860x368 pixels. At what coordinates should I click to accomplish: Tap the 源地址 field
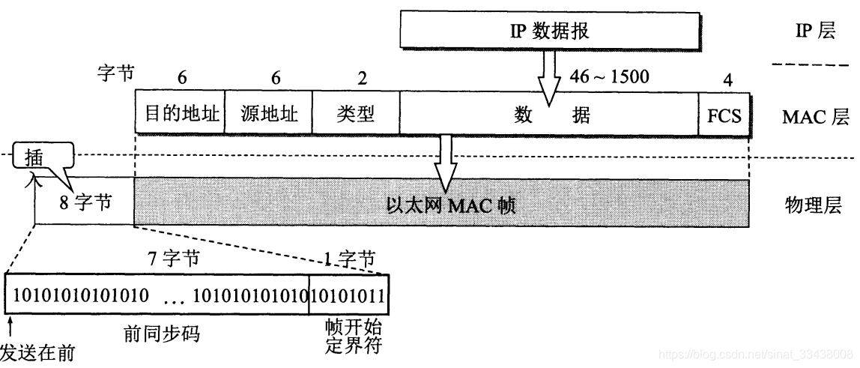click(x=268, y=114)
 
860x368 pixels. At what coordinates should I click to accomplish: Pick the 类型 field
click(x=355, y=114)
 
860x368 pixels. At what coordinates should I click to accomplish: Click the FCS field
click(x=724, y=115)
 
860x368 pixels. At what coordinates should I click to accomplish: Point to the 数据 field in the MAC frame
click(x=551, y=115)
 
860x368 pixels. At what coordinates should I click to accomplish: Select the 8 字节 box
click(x=84, y=202)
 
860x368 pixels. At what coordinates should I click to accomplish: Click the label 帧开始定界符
click(x=349, y=338)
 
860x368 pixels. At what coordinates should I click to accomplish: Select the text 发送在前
click(x=37, y=352)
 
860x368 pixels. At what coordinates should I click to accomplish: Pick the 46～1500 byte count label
click(x=609, y=76)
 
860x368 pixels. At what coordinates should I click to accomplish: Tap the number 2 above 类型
click(x=363, y=77)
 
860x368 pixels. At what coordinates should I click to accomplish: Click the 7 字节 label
click(x=174, y=259)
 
